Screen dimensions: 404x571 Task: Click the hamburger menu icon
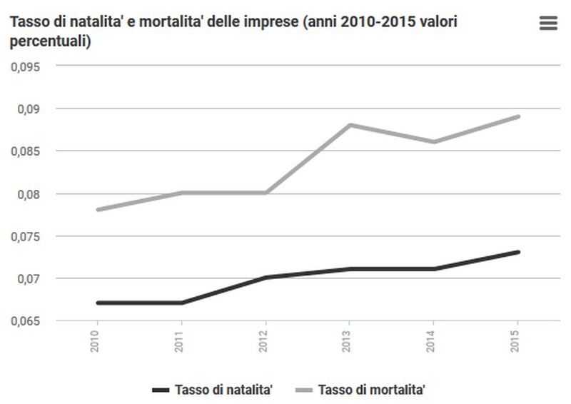pyautogui.click(x=547, y=23)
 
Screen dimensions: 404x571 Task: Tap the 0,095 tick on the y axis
pyautogui.click(x=26, y=66)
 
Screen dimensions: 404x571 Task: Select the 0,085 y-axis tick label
pyautogui.click(x=26, y=151)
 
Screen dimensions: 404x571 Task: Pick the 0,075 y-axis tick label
pyautogui.click(x=26, y=236)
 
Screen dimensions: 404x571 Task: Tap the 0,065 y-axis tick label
pyautogui.click(x=26, y=320)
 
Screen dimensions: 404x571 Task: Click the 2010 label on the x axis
pyautogui.click(x=96, y=339)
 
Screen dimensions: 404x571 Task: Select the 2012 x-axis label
pyautogui.click(x=265, y=339)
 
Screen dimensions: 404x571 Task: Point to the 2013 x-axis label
pyautogui.click(x=349, y=339)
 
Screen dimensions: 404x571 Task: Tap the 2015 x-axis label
pyautogui.click(x=517, y=339)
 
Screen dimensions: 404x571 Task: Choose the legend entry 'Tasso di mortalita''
pyautogui.click(x=372, y=389)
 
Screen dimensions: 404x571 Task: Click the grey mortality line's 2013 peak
pyautogui.click(x=349, y=125)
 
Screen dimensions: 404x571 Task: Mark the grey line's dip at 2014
pyautogui.click(x=433, y=142)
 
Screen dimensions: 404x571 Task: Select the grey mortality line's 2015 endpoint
pyautogui.click(x=517, y=116)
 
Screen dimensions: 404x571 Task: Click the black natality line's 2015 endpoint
pyautogui.click(x=517, y=252)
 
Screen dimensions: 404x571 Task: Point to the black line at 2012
pyautogui.click(x=265, y=277)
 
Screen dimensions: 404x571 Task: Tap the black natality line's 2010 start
pyautogui.click(x=97, y=303)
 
